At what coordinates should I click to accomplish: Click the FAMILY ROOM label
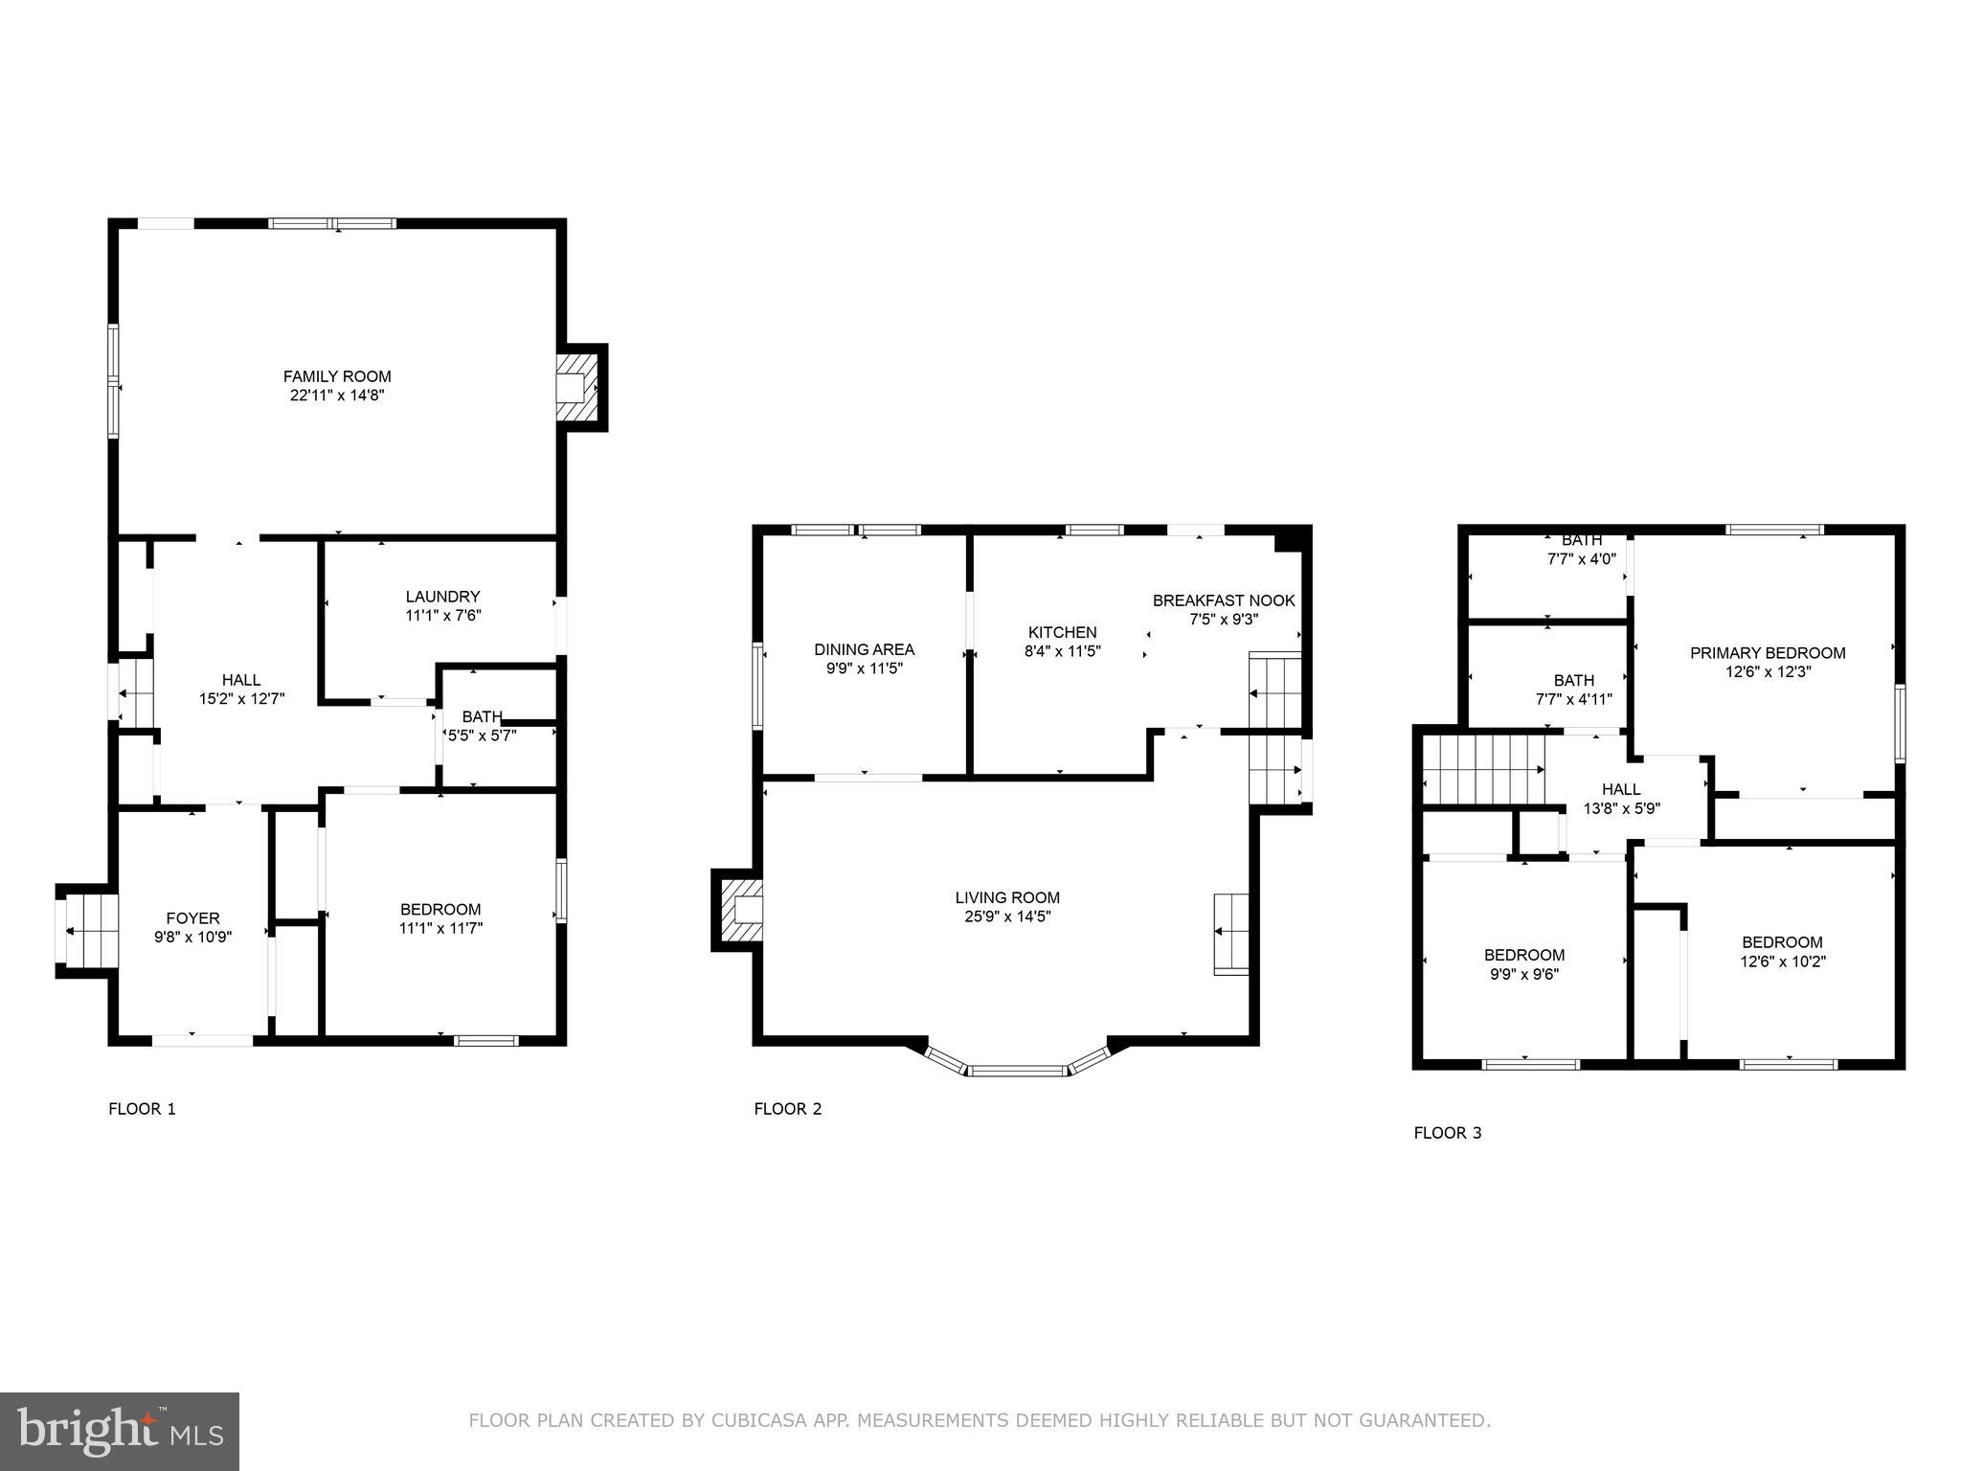click(x=337, y=376)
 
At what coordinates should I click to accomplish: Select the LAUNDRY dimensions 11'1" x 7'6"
click(x=442, y=616)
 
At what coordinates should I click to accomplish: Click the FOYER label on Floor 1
click(x=192, y=917)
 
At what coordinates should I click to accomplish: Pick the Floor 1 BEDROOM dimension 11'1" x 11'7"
click(x=440, y=928)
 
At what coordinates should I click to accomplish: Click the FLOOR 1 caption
click(x=142, y=1109)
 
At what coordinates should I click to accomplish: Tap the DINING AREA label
click(x=864, y=649)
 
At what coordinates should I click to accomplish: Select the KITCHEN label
click(x=1062, y=632)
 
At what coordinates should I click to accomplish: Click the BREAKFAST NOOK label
click(x=1223, y=600)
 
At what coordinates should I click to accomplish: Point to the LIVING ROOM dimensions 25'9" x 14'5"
click(x=1007, y=917)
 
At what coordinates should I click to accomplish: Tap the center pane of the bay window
click(x=1017, y=1070)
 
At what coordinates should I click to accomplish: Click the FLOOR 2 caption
click(x=787, y=1109)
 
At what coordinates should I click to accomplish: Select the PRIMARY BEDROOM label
click(x=1767, y=653)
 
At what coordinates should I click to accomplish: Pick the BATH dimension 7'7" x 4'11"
click(x=1573, y=699)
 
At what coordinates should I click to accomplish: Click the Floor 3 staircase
click(x=1481, y=769)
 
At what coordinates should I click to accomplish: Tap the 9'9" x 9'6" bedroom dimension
click(x=1524, y=975)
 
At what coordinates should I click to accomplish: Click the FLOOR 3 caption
click(x=1447, y=1133)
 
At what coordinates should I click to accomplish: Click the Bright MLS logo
click(x=119, y=1432)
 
